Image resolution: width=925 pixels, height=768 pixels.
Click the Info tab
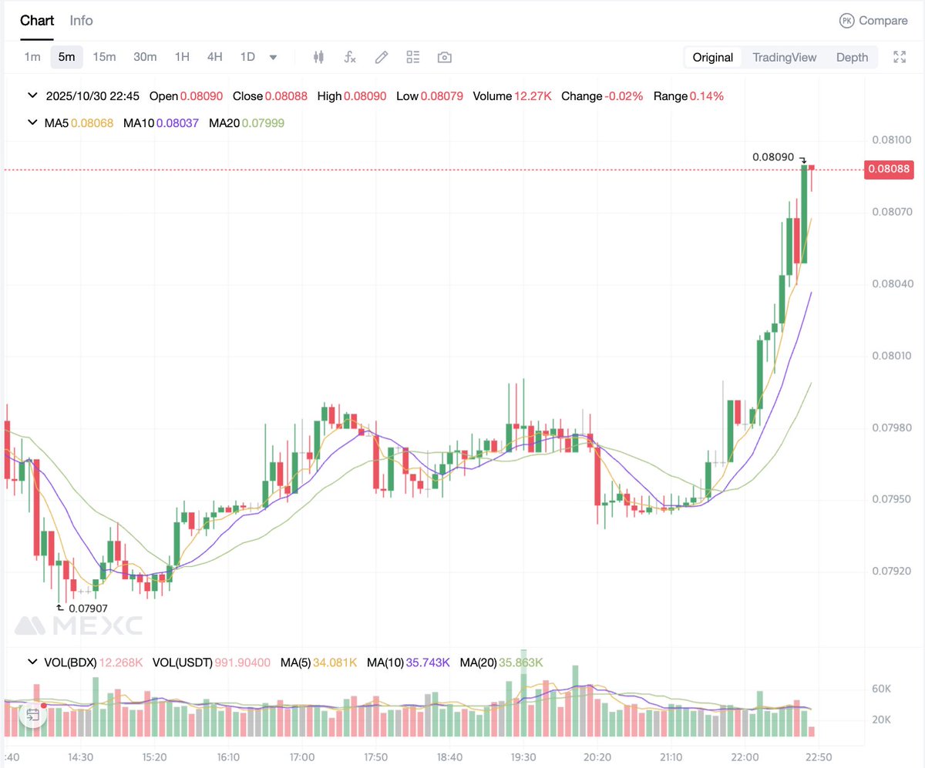point(81,21)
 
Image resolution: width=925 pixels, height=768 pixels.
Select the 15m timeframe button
point(104,57)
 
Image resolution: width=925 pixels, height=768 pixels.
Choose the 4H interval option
point(214,57)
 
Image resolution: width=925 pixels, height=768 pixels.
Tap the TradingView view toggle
point(784,57)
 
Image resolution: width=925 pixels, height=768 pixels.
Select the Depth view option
point(852,57)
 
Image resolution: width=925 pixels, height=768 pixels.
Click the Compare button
point(873,21)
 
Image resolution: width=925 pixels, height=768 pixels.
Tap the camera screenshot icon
point(444,57)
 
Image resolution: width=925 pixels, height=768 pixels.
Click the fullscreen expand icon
point(900,57)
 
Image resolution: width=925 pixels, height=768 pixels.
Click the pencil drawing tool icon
point(381,57)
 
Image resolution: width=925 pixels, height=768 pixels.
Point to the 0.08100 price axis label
point(891,140)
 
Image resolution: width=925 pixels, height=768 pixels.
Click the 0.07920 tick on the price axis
point(891,572)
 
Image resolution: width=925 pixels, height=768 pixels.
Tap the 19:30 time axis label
point(523,756)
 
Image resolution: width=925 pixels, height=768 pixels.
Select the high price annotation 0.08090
point(773,157)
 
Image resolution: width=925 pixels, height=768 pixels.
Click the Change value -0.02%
point(624,96)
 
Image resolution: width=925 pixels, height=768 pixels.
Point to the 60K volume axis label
point(882,689)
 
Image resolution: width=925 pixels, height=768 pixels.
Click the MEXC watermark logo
point(79,625)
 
